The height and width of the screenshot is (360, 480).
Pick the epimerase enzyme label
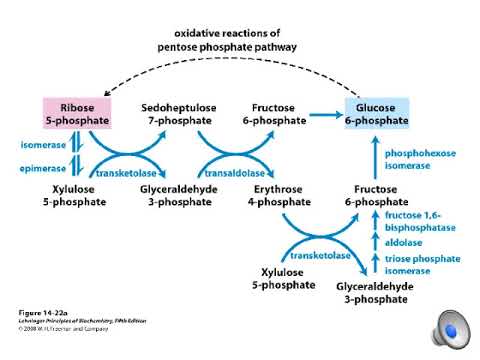pos(41,168)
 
